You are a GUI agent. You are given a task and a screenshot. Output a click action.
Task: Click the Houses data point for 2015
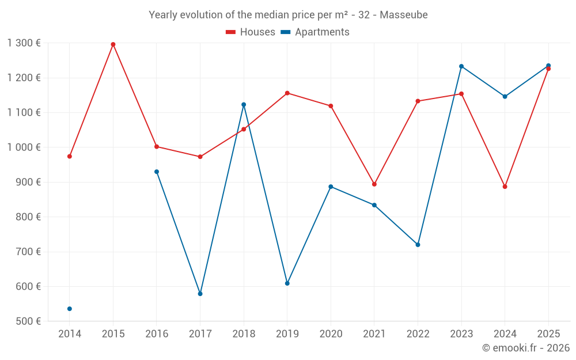[x=113, y=44]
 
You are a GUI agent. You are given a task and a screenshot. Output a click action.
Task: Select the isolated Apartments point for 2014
[x=70, y=309]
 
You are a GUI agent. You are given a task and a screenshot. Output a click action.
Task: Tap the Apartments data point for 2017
[x=200, y=294]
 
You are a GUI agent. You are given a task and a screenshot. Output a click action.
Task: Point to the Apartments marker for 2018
[x=244, y=105]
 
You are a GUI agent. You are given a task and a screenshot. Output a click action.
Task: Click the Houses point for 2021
[x=374, y=184]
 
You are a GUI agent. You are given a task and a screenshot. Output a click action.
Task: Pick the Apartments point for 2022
[x=418, y=245]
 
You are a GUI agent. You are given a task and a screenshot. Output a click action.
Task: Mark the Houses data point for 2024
[x=505, y=187]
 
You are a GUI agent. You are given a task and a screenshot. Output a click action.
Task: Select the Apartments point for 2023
[x=461, y=66]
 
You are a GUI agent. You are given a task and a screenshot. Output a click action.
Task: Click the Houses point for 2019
[x=287, y=93]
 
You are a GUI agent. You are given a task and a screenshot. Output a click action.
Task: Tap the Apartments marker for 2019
[x=287, y=283]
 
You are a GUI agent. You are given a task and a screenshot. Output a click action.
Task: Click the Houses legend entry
[x=251, y=32]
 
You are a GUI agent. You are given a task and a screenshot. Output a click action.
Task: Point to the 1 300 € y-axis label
[x=24, y=43]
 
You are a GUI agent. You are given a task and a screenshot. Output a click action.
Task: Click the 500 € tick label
[x=29, y=321]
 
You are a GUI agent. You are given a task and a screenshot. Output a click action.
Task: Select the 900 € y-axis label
[x=29, y=182]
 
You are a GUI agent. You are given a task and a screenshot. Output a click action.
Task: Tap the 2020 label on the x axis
[x=331, y=334]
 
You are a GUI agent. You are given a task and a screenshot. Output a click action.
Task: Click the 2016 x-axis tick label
[x=157, y=334]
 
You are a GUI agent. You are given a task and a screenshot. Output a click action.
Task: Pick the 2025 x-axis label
[x=548, y=334]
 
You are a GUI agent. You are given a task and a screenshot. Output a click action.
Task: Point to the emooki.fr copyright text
[x=526, y=348]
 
